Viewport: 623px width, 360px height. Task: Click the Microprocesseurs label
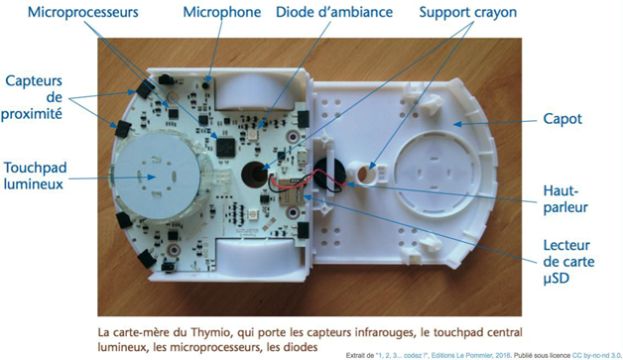click(x=83, y=12)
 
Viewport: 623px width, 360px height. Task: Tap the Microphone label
click(x=221, y=12)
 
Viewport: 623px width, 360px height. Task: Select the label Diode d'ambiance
click(x=334, y=12)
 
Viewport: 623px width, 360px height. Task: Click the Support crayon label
click(x=467, y=12)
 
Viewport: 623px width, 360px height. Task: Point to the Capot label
click(x=562, y=119)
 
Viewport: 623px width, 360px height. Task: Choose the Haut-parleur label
click(x=565, y=199)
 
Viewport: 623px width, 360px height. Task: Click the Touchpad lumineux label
click(x=35, y=176)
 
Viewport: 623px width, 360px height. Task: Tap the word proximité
click(x=32, y=114)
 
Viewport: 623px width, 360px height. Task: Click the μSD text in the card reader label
click(x=557, y=278)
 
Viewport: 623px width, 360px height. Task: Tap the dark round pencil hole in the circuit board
click(x=254, y=174)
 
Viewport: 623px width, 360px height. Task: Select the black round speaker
click(x=329, y=176)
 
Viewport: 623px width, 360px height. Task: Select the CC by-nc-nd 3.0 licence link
click(x=596, y=355)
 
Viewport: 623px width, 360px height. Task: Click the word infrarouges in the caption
click(x=388, y=332)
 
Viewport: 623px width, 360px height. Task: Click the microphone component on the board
click(x=205, y=84)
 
